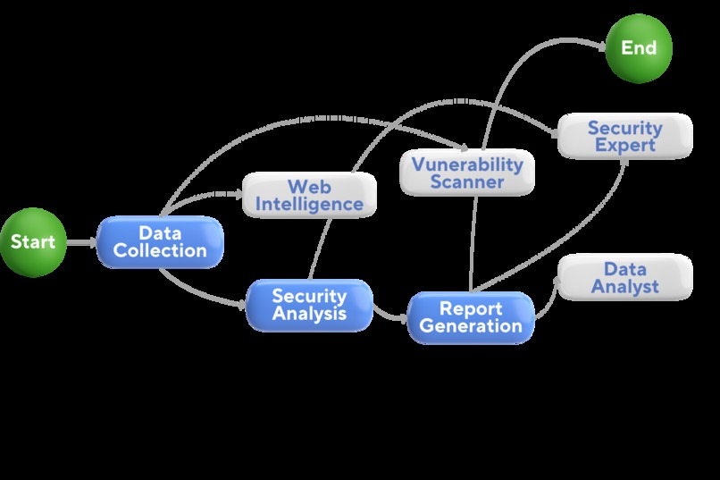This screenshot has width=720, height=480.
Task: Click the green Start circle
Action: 33,241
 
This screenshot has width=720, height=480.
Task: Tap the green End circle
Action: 639,47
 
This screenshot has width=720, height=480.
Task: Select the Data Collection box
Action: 160,241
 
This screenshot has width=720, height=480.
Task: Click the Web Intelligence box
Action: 309,196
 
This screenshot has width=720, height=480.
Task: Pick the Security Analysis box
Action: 309,305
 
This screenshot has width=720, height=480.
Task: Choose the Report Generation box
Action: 471,317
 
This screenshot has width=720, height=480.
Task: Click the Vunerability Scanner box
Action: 467,173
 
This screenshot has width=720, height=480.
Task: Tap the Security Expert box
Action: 624,136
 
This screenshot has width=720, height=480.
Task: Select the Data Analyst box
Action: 624,277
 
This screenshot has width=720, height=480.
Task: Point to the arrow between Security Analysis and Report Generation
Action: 389,315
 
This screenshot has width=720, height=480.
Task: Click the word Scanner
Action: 467,182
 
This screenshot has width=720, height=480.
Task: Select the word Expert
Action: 624,146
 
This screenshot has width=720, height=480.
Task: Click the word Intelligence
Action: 309,205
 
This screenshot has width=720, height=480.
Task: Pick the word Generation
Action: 471,326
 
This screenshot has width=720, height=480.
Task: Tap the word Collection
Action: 160,251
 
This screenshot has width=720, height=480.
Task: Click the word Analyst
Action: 624,287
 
